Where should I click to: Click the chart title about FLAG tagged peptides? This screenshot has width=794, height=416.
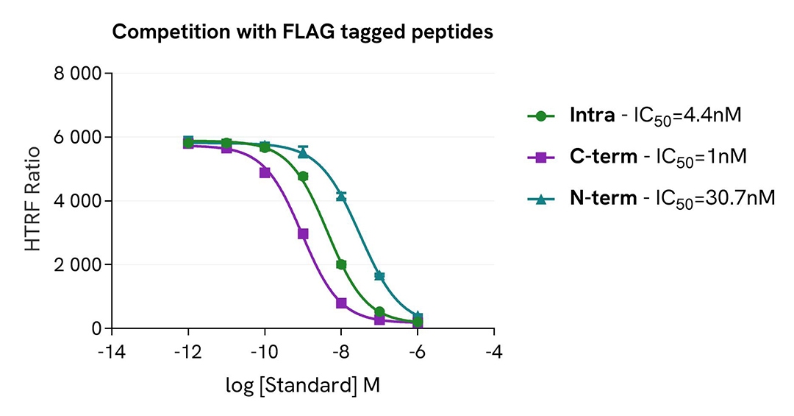[302, 33]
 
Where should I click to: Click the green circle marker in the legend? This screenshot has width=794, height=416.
[541, 116]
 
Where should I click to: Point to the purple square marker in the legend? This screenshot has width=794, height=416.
[541, 158]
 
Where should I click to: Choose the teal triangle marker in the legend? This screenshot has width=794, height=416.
[541, 200]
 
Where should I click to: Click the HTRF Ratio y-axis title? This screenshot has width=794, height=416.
[33, 200]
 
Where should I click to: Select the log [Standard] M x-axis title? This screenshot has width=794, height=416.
[302, 385]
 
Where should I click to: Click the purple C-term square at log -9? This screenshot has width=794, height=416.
[303, 233]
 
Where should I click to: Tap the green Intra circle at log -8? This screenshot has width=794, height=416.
[341, 264]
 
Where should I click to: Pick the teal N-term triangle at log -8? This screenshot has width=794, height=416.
[341, 195]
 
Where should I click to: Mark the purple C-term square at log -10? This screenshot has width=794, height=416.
[265, 172]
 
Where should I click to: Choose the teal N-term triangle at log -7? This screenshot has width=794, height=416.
[379, 275]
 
